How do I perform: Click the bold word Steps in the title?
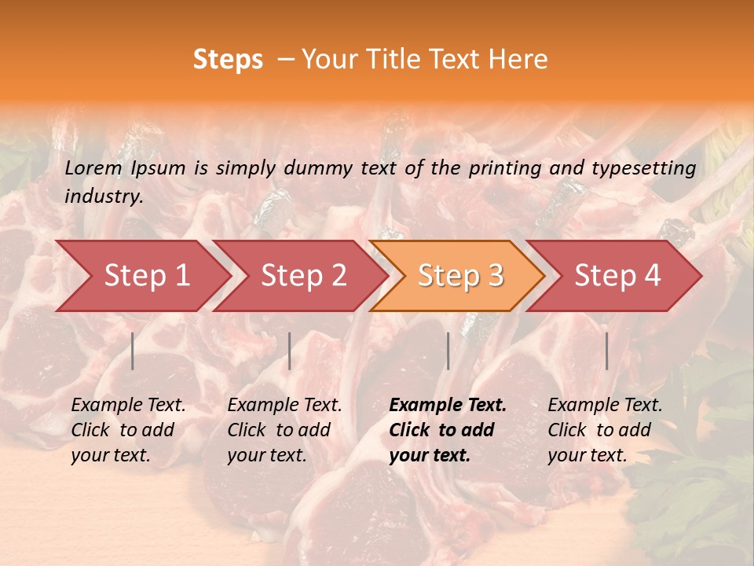pyautogui.click(x=228, y=60)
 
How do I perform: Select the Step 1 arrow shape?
pyautogui.click(x=147, y=276)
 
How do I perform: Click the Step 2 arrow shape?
pyautogui.click(x=304, y=276)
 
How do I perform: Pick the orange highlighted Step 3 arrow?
pyautogui.click(x=461, y=276)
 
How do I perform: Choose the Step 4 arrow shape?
pyautogui.click(x=617, y=276)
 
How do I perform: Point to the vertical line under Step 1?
pyautogui.click(x=133, y=351)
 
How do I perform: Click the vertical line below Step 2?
pyautogui.click(x=290, y=351)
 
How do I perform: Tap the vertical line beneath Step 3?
pyautogui.click(x=448, y=351)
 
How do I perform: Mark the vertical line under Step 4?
pyautogui.click(x=606, y=351)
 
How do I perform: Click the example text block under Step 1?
pyautogui.click(x=128, y=430)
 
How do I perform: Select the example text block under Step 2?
pyautogui.click(x=284, y=430)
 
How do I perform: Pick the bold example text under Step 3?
pyautogui.click(x=448, y=430)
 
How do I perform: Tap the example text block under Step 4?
pyautogui.click(x=605, y=430)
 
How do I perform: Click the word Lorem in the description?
pyautogui.click(x=93, y=168)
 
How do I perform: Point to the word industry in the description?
pyautogui.click(x=104, y=197)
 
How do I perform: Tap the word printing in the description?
pyautogui.click(x=503, y=168)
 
